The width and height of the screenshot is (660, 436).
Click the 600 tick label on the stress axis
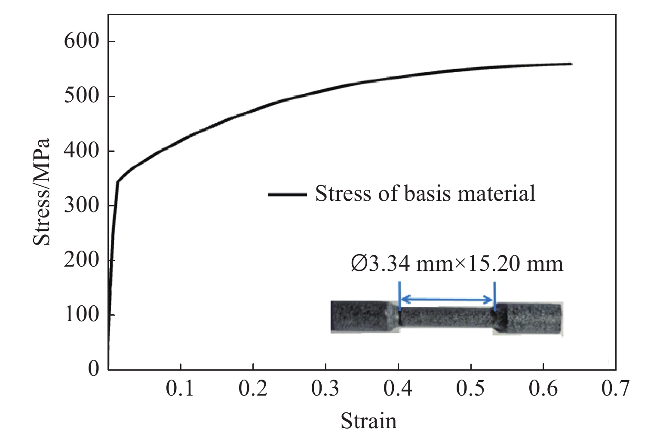tap(81, 41)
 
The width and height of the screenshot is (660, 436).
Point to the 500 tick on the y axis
tap(81, 96)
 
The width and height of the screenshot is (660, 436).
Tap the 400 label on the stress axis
tap(81, 150)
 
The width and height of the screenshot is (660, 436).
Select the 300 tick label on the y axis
tap(81, 205)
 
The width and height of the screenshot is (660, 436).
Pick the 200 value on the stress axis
tap(81, 260)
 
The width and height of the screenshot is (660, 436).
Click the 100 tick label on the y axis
tap(81, 314)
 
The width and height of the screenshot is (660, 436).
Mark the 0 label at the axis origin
tap(94, 369)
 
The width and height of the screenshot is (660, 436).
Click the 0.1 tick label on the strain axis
tap(180, 389)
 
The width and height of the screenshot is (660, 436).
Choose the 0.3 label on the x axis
tap(325, 389)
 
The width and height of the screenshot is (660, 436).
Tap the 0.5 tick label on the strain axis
tap(470, 389)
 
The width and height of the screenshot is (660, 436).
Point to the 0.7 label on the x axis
tap(615, 389)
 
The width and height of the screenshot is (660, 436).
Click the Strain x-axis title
tap(368, 421)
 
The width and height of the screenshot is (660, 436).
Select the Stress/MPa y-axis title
tap(42, 192)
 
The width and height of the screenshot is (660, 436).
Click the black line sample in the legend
tap(287, 194)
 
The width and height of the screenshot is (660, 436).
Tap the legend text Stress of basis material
tap(425, 193)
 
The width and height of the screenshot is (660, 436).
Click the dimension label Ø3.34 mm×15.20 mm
tap(457, 264)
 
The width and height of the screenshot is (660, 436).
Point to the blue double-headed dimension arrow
tap(447, 300)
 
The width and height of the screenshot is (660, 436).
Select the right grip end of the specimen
tap(533, 319)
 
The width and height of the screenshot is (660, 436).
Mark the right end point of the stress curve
tap(571, 64)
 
